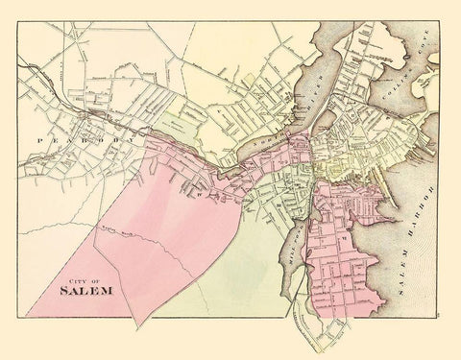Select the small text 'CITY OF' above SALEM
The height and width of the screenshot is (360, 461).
point(73,272)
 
